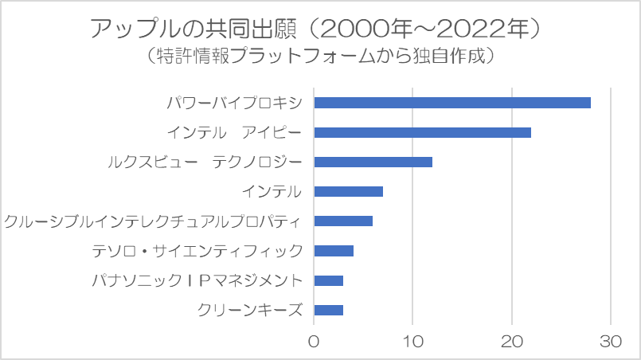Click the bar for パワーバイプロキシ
(x=452, y=103)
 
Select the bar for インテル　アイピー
(x=423, y=132)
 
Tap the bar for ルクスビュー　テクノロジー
(x=373, y=162)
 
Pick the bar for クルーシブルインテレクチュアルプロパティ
(x=343, y=221)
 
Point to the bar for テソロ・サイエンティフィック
(x=334, y=251)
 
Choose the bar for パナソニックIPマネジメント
(x=329, y=280)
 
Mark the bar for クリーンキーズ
(x=329, y=310)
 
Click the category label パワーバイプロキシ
(x=235, y=103)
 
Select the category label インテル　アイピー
(x=235, y=132)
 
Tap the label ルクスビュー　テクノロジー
(x=205, y=162)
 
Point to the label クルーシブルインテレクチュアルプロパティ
(x=153, y=221)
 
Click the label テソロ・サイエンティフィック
(x=197, y=251)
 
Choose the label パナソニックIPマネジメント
(x=197, y=280)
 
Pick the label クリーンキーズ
(x=250, y=310)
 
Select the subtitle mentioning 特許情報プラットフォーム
(x=320, y=56)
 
